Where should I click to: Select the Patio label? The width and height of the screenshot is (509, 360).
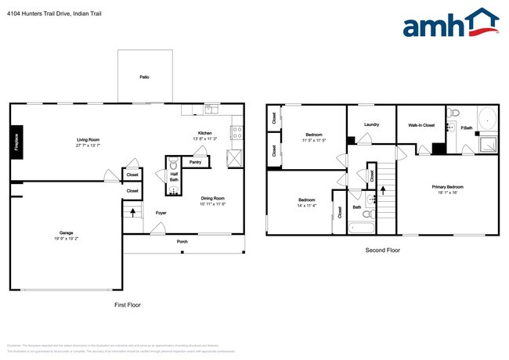144,77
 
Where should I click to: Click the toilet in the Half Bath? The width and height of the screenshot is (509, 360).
174,165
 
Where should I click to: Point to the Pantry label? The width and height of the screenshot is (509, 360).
196,162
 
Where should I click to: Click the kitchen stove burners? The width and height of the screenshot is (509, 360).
236,132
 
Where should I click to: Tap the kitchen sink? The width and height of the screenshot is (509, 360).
209,109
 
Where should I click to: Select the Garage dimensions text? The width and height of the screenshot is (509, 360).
67,237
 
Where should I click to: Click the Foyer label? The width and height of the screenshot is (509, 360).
161,212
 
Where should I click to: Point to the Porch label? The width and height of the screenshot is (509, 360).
181,241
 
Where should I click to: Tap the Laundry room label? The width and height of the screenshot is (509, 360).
372,124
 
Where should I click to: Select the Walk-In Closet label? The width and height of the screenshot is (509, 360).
421,124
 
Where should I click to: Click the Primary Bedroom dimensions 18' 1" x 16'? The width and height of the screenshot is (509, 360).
448,192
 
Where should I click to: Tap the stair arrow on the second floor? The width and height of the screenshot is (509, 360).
383,189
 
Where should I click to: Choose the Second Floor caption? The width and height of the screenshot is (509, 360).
383,250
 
